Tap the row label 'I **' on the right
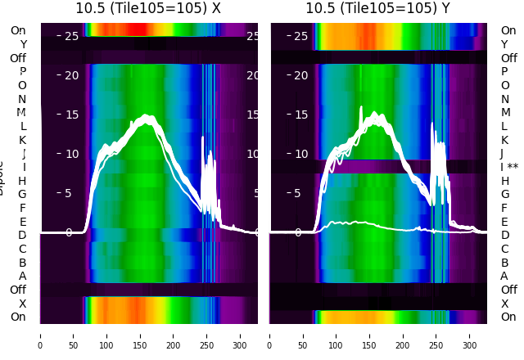point(513,167)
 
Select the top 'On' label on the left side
point(18,30)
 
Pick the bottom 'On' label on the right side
point(508,317)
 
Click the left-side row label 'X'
point(22,304)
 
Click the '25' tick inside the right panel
point(300,36)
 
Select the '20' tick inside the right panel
point(300,75)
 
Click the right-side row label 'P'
point(505,71)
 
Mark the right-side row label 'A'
point(505,276)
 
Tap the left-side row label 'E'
point(22,222)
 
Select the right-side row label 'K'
point(505,140)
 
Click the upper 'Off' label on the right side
point(508,58)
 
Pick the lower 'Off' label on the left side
point(18,290)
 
